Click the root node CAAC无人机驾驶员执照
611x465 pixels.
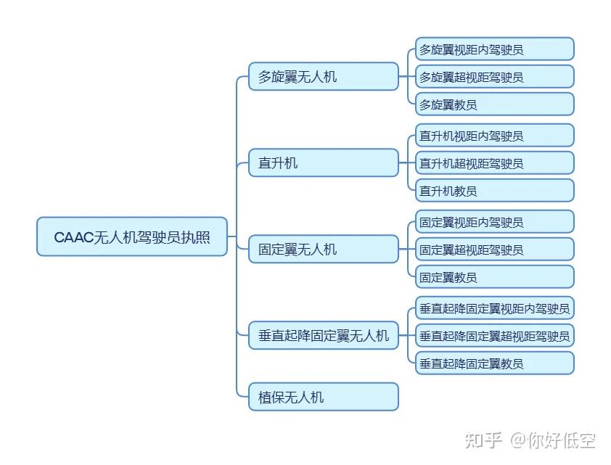click(x=132, y=236)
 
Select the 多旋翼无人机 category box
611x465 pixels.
click(x=324, y=76)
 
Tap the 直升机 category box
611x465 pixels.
click(x=324, y=163)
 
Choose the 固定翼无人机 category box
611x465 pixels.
click(x=324, y=250)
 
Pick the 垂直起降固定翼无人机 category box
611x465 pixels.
click(x=324, y=335)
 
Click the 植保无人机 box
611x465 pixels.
click(x=324, y=397)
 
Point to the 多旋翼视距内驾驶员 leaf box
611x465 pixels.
click(x=494, y=49)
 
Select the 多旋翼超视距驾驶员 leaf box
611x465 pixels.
click(x=494, y=77)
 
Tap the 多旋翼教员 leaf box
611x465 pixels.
click(x=494, y=104)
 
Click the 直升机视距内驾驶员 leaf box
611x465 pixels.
click(x=494, y=136)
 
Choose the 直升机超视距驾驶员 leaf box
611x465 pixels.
click(x=494, y=163)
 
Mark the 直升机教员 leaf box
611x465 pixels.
click(x=494, y=191)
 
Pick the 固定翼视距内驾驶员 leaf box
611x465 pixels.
click(x=494, y=222)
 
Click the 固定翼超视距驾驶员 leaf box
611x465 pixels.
click(x=494, y=250)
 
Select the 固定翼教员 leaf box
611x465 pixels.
click(x=494, y=277)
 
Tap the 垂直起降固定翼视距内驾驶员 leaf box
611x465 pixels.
click(x=494, y=308)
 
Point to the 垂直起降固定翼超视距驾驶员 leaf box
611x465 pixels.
click(x=494, y=335)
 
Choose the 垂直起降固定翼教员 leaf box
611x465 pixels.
click(x=494, y=363)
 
